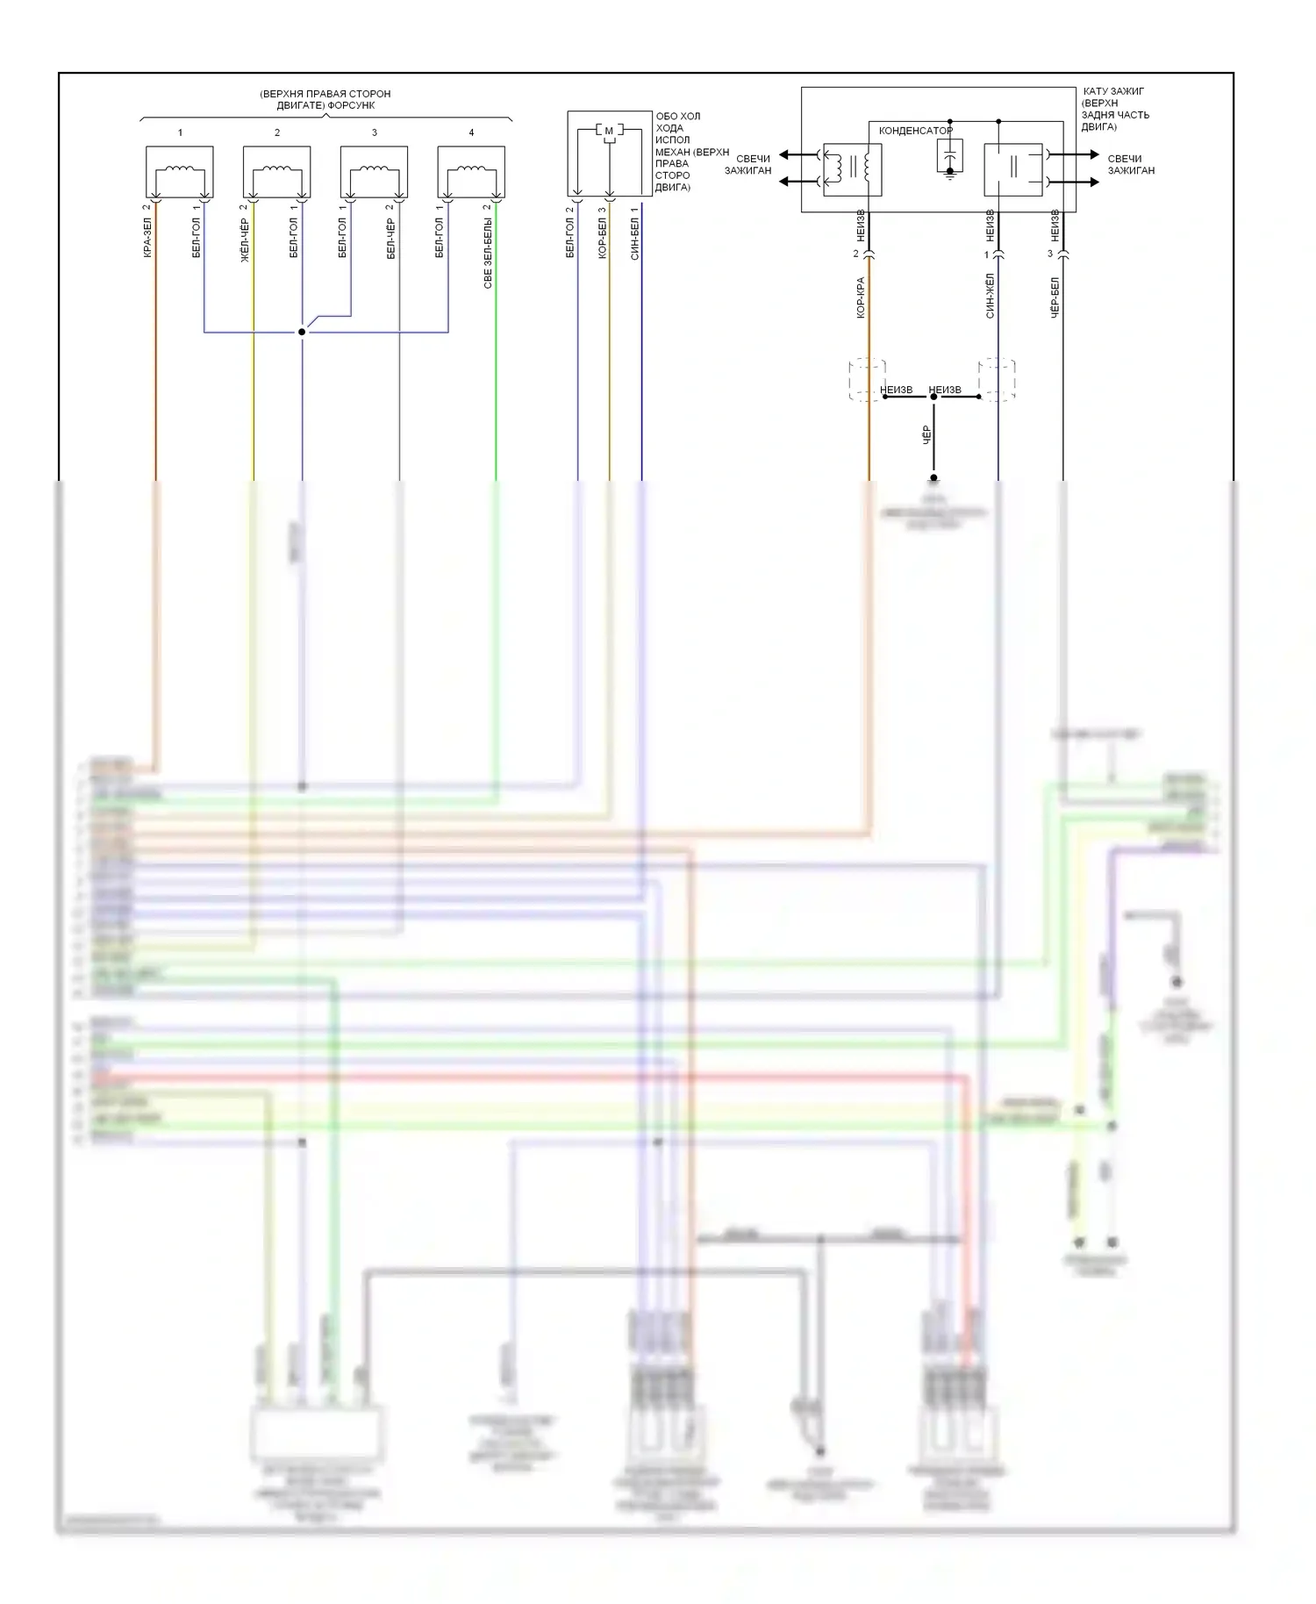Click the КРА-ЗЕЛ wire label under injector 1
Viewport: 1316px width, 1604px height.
pyautogui.click(x=147, y=237)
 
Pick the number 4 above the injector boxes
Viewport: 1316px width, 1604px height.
pyautogui.click(x=471, y=132)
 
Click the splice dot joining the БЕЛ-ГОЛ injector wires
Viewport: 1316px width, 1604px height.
pyautogui.click(x=302, y=332)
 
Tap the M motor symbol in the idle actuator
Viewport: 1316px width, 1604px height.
pyautogui.click(x=609, y=131)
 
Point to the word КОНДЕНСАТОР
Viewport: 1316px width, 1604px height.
pyautogui.click(x=915, y=131)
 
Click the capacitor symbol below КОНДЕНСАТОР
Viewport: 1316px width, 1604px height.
pyautogui.click(x=949, y=159)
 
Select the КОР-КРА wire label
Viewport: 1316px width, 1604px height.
pyautogui.click(x=861, y=297)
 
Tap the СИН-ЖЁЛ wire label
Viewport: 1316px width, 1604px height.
pyautogui.click(x=990, y=296)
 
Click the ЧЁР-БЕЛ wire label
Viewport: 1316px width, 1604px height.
pyautogui.click(x=1055, y=297)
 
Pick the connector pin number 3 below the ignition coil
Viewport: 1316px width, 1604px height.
pyautogui.click(x=1050, y=254)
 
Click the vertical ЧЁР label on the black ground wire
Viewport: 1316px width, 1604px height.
pyautogui.click(x=926, y=435)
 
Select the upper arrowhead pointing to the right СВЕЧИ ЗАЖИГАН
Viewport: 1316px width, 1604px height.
pyautogui.click(x=1093, y=155)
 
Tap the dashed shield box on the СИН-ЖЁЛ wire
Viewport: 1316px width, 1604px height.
pyautogui.click(x=998, y=379)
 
